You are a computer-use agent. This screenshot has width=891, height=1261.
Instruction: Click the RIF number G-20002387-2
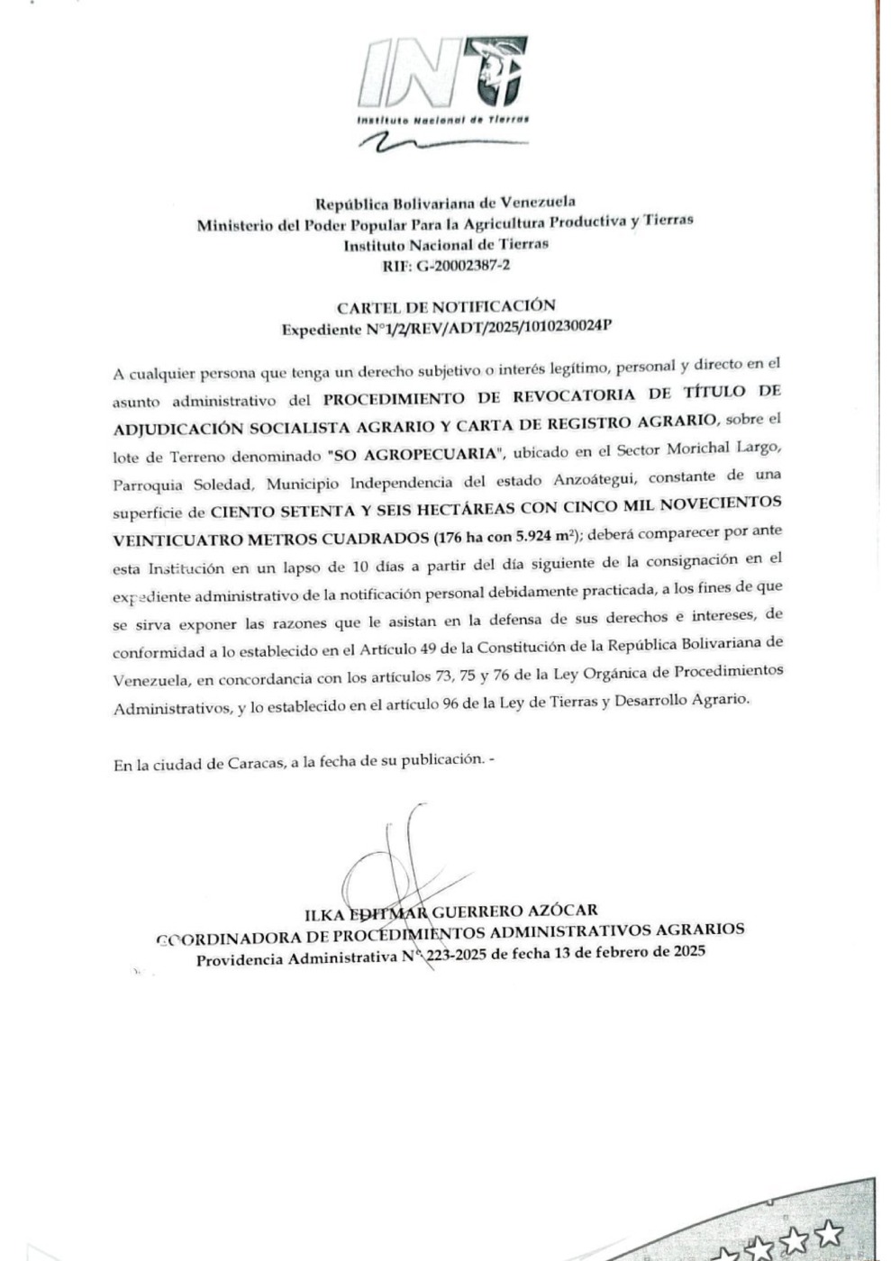tap(463, 266)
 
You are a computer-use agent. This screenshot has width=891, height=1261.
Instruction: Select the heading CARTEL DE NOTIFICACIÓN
tap(446, 306)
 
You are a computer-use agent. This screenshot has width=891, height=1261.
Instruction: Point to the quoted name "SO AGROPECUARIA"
tap(416, 453)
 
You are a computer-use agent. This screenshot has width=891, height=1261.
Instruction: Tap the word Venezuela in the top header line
tap(537, 201)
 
